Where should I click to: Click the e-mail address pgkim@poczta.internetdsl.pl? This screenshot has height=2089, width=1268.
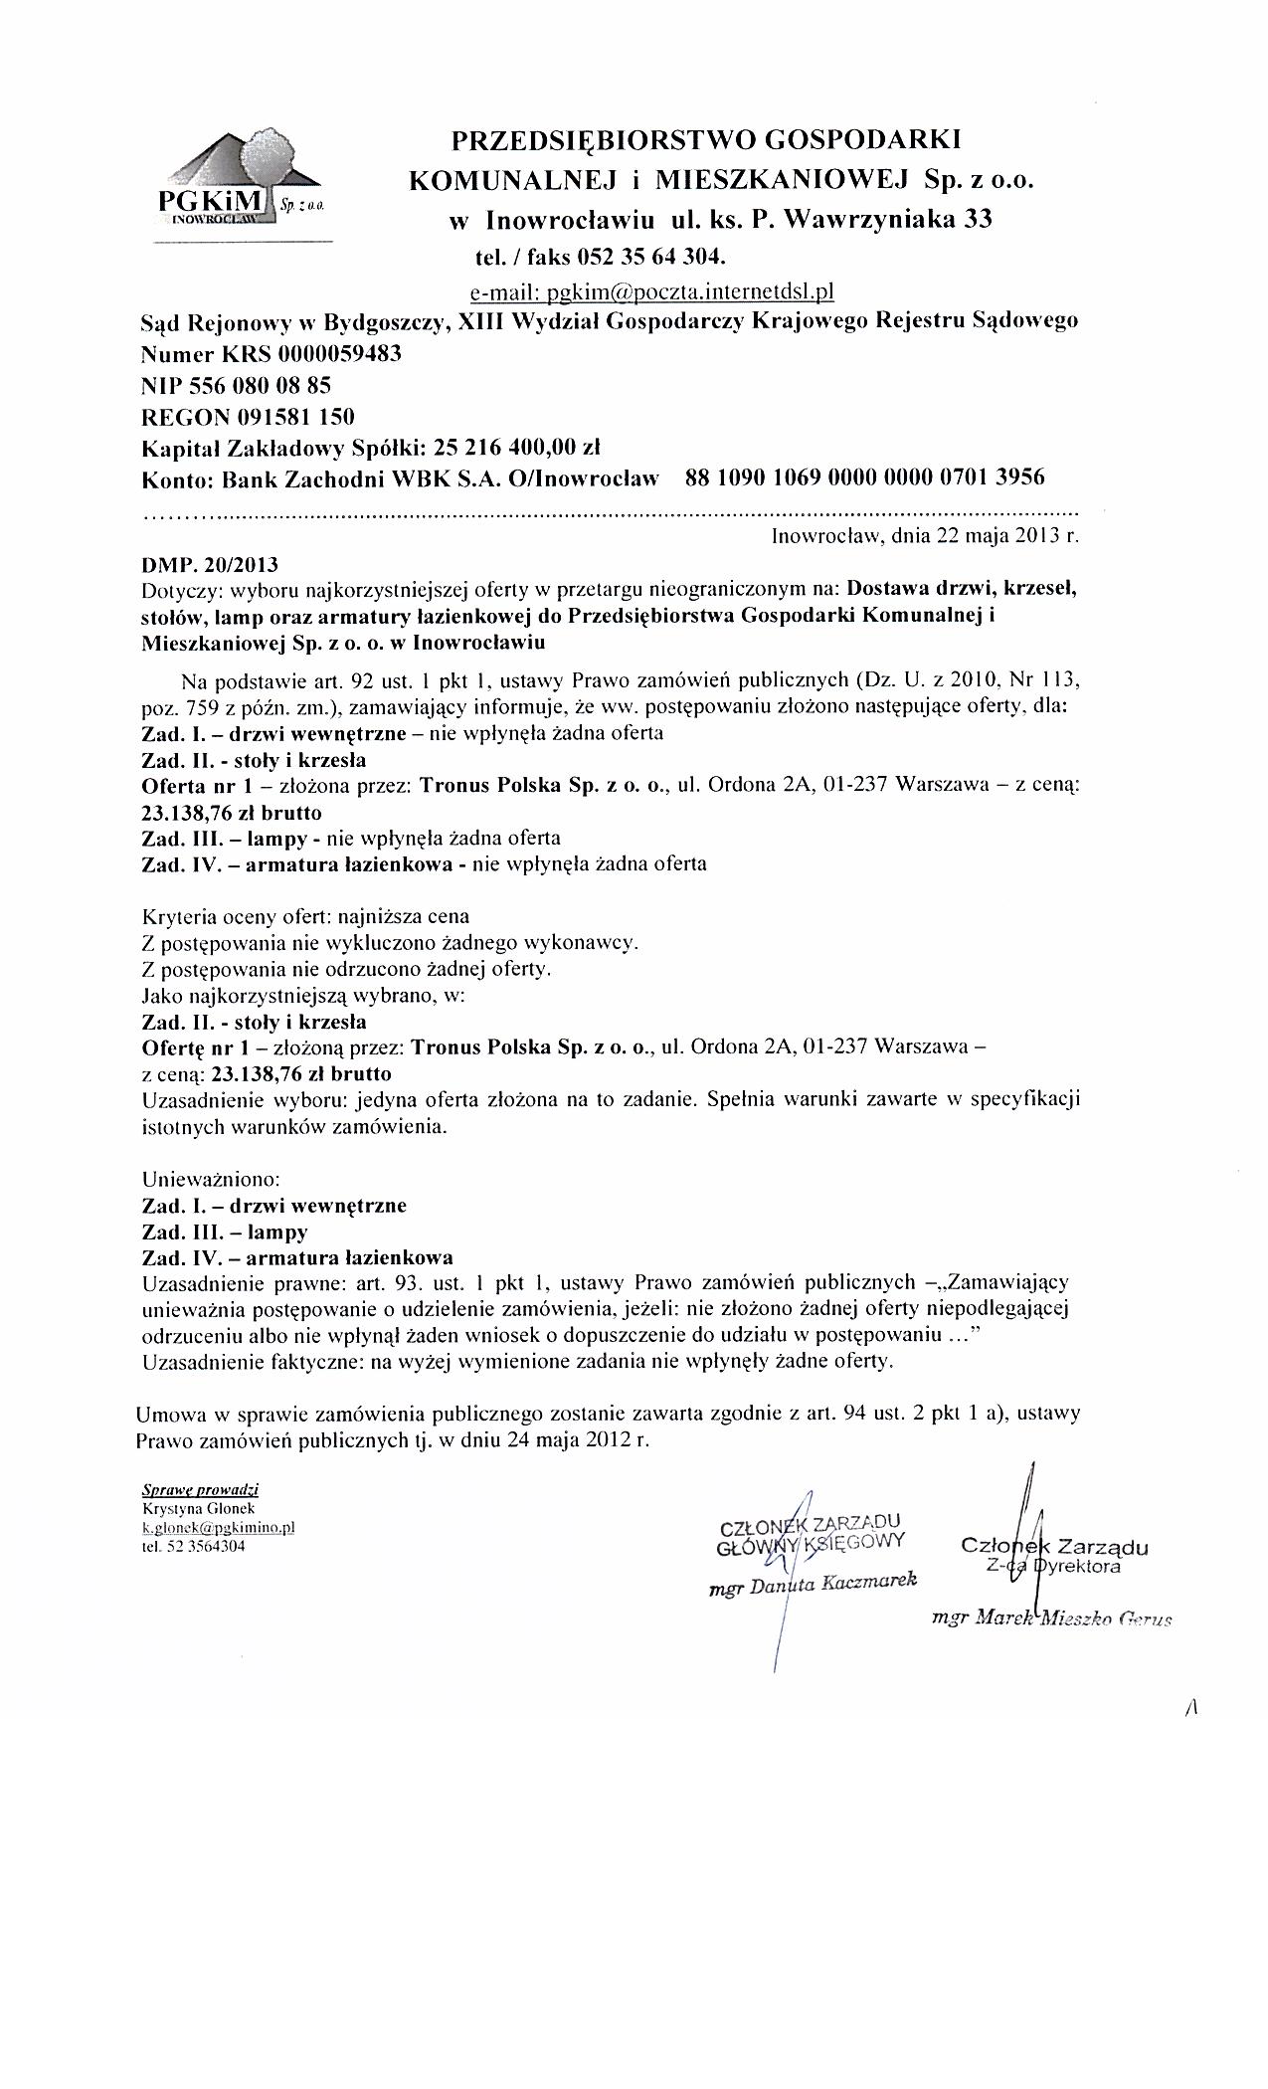point(650,291)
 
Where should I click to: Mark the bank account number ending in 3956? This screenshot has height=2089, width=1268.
point(865,477)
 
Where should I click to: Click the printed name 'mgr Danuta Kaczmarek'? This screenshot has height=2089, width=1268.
point(812,1585)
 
